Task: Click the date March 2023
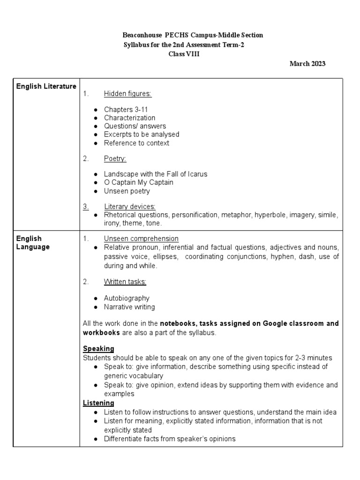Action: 307,64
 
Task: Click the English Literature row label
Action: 46,86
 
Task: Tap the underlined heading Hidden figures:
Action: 127,94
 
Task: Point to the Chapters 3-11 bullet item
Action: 126,109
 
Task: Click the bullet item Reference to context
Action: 136,143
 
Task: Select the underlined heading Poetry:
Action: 115,158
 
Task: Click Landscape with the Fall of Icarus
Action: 156,174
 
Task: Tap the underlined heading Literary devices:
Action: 130,207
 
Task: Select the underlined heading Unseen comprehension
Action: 141,239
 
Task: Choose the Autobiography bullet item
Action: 127,298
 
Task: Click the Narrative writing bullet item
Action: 129,307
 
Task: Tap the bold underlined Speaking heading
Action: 98,349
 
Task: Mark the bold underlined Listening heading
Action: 98,403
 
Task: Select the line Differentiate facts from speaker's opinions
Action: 170,439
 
